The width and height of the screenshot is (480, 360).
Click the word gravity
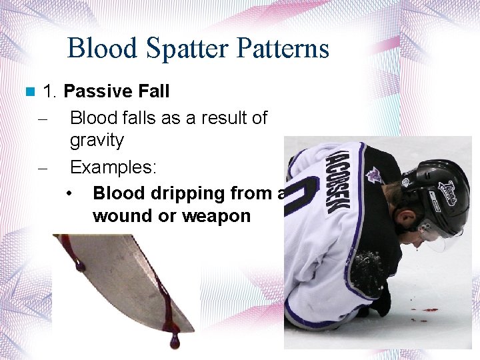(x=97, y=141)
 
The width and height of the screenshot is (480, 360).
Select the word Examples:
(x=113, y=167)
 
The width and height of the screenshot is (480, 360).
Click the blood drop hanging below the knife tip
(x=175, y=342)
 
